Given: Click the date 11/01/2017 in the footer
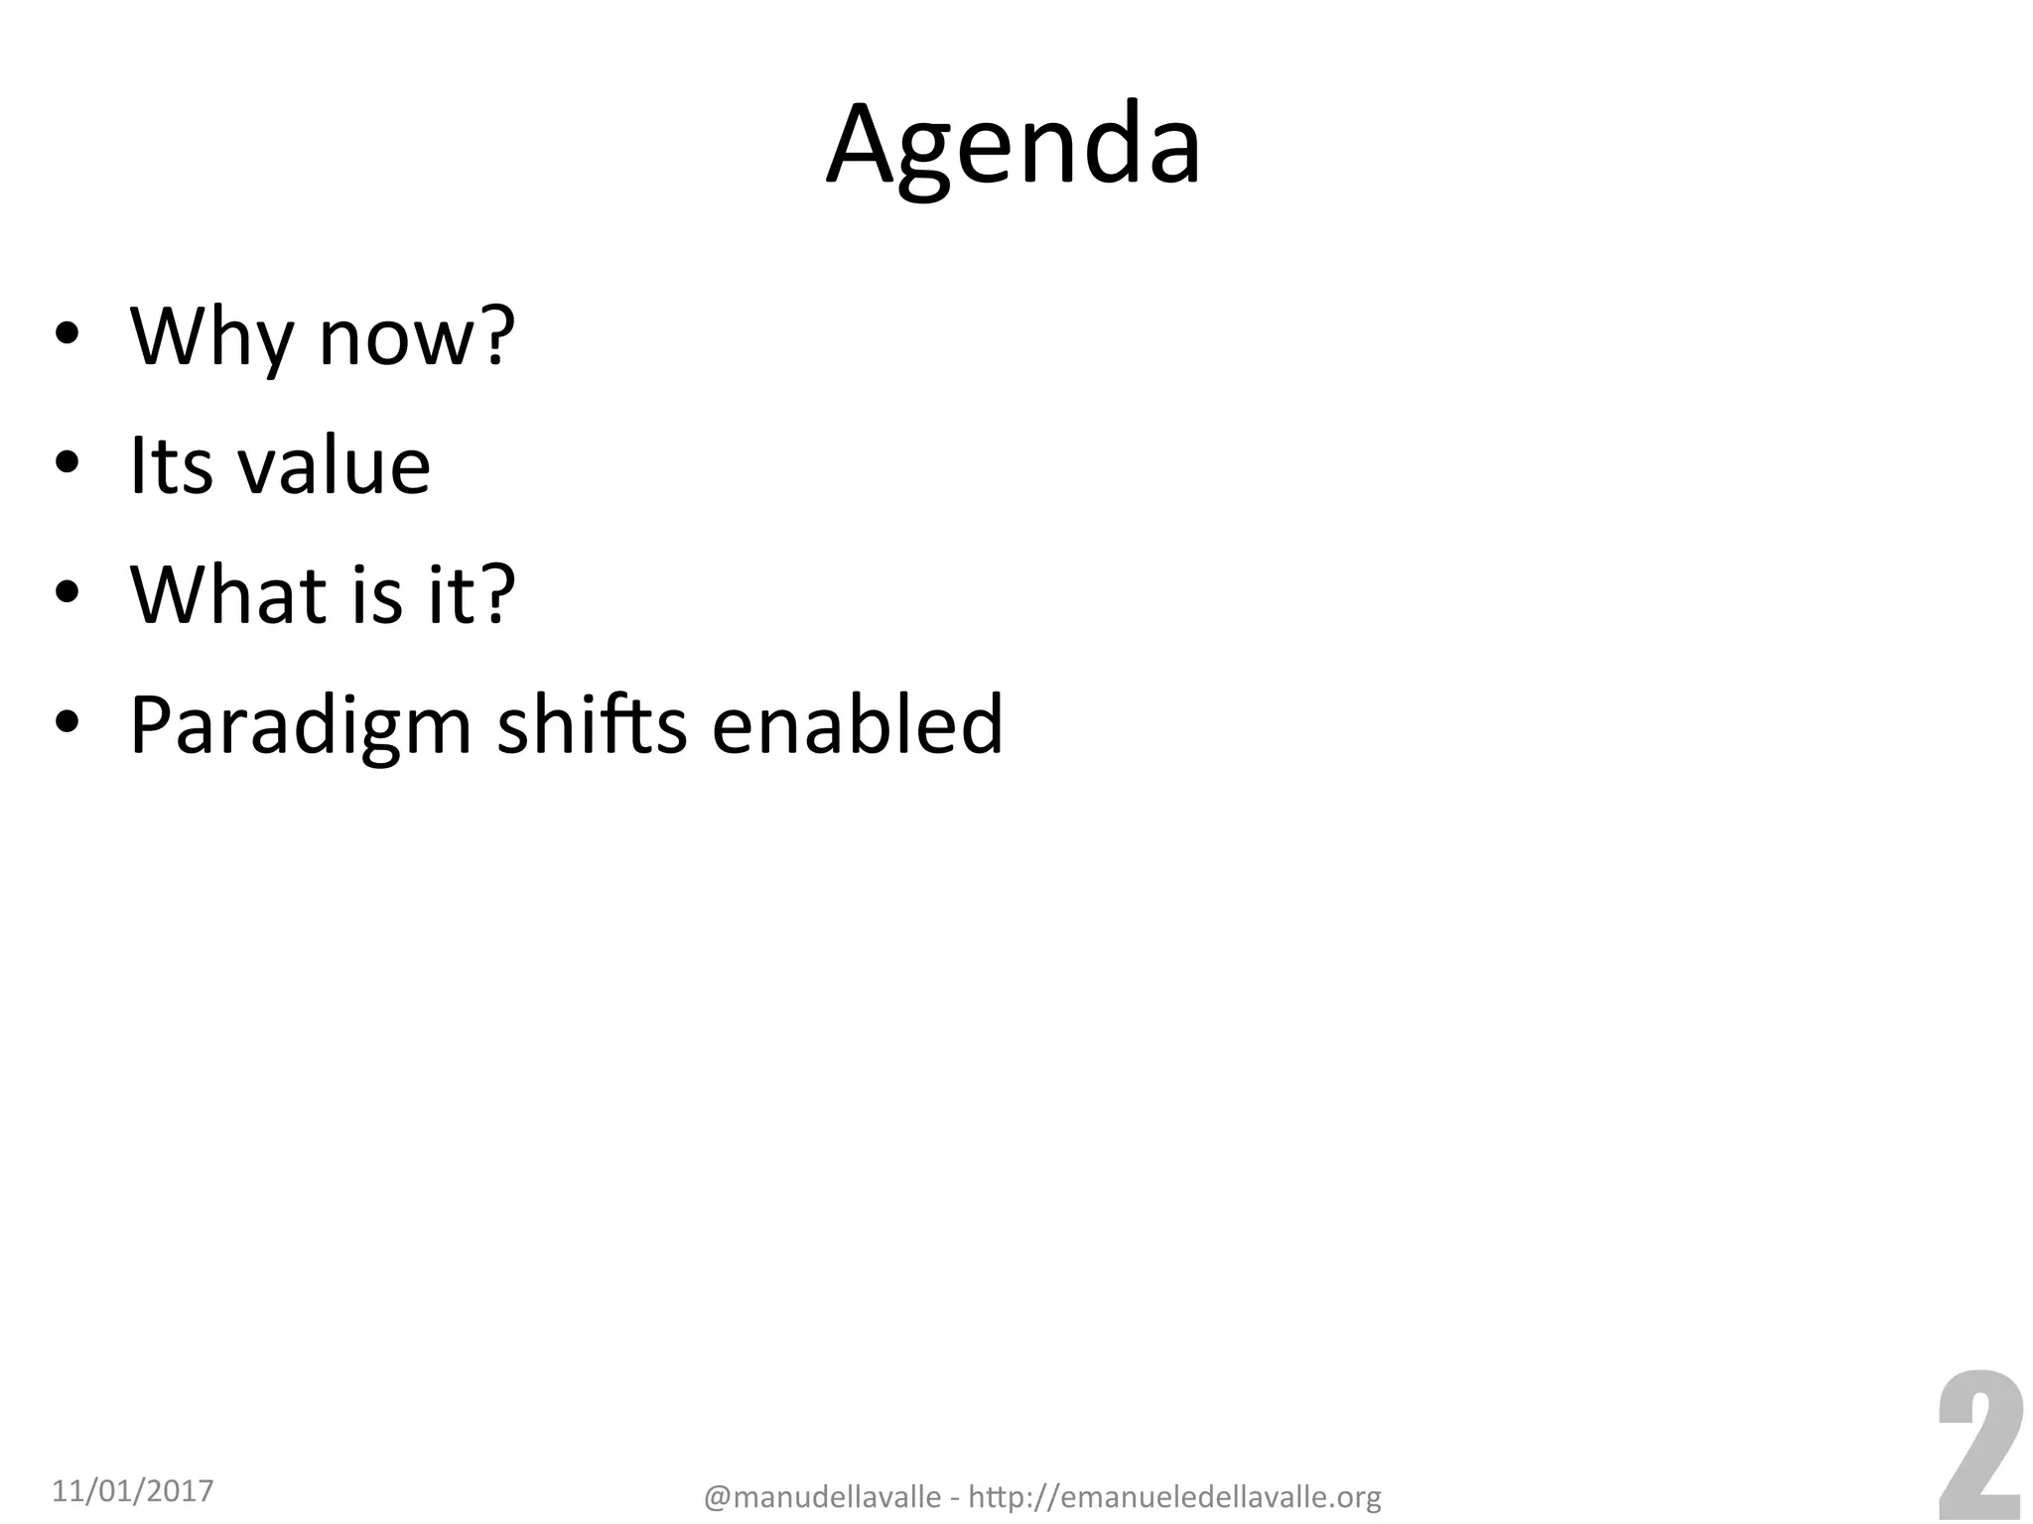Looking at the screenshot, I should point(132,1490).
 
